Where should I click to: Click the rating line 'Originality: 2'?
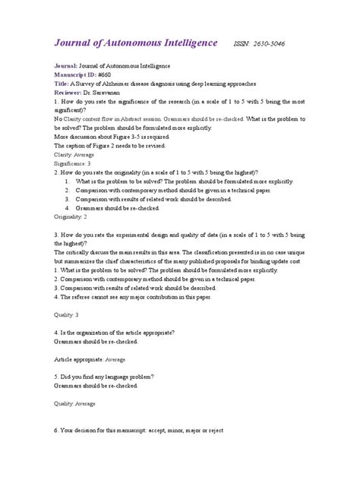[x=71, y=216]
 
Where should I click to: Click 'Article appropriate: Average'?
[x=90, y=358]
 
